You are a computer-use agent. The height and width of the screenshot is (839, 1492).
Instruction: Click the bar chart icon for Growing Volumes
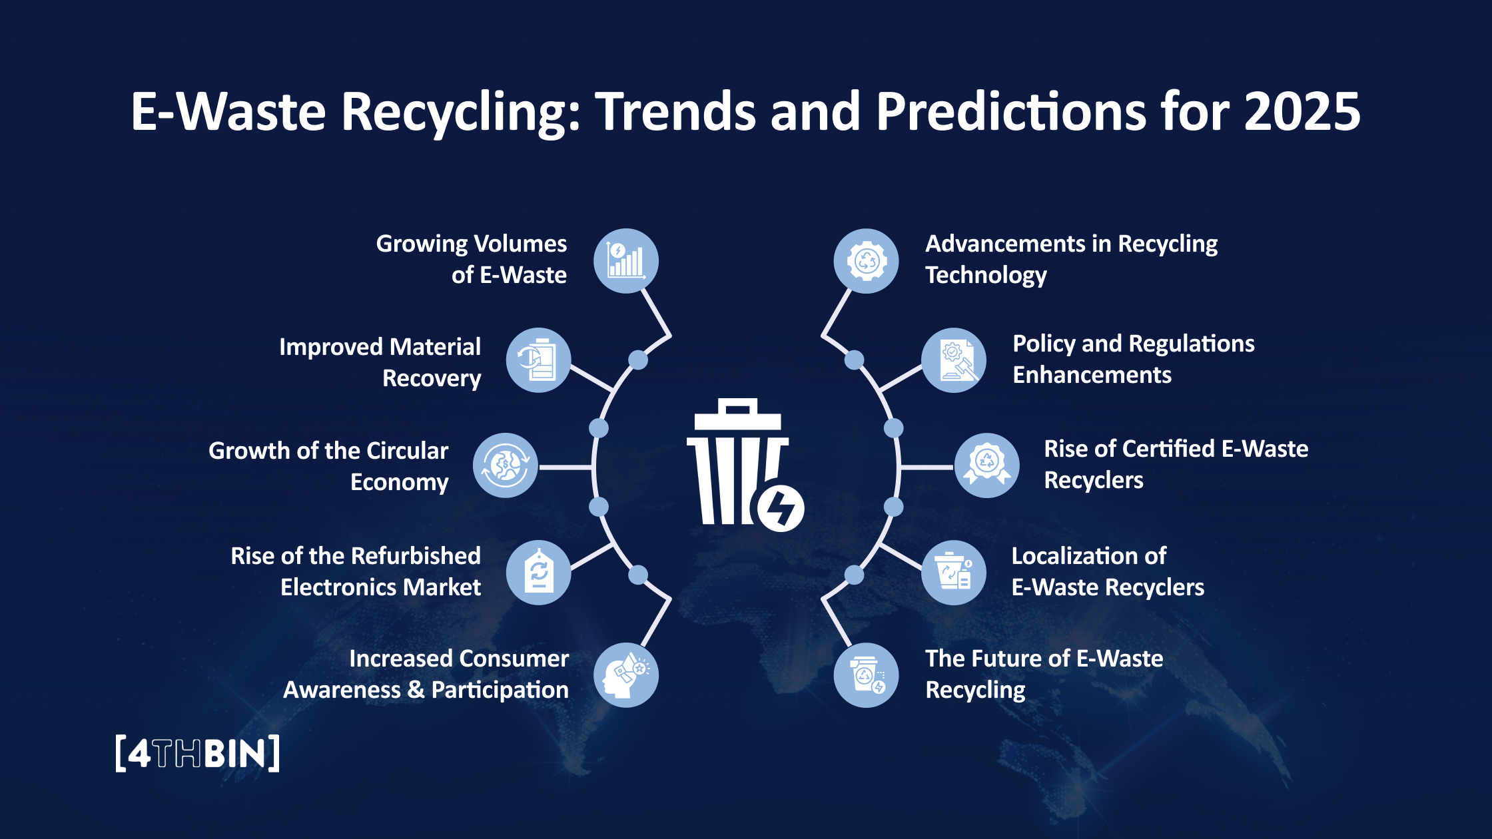click(625, 261)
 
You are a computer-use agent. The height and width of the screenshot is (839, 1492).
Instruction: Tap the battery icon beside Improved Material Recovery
click(538, 360)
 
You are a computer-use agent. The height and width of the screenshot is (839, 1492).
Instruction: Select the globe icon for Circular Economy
click(506, 465)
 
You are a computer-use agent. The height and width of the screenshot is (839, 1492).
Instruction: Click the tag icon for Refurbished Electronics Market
click(538, 572)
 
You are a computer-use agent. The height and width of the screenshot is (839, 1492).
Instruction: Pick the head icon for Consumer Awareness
click(625, 675)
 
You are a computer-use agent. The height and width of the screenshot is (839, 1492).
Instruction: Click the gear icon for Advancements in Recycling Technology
click(867, 261)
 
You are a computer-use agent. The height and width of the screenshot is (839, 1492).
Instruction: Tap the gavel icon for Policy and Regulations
click(954, 360)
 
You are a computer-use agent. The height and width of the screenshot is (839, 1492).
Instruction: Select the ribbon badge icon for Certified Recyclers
click(986, 465)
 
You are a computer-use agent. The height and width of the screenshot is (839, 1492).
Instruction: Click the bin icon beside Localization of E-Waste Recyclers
click(954, 572)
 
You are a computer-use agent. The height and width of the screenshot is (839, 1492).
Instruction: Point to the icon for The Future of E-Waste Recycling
click(867, 675)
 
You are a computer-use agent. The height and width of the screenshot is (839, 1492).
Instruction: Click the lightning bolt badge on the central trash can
click(781, 509)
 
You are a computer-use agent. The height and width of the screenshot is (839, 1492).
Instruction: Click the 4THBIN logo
click(197, 754)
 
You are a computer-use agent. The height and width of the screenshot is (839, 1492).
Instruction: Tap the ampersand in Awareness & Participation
click(416, 690)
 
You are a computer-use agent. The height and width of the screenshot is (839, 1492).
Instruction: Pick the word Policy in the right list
click(1044, 344)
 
